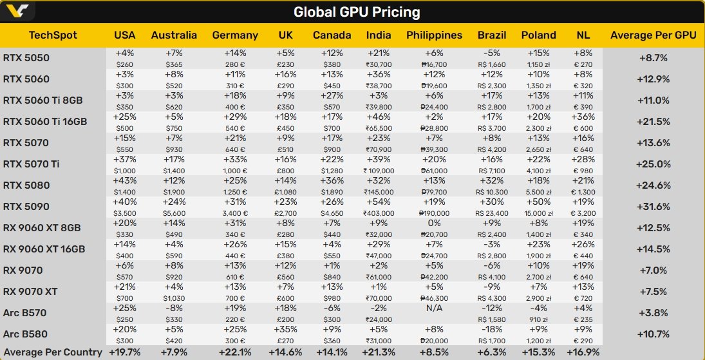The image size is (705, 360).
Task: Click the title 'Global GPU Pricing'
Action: [x=356, y=12]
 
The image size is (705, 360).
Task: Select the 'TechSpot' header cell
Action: [x=53, y=35]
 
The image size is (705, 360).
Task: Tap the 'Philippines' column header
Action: [x=434, y=35]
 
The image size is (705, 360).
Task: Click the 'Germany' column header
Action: [x=235, y=35]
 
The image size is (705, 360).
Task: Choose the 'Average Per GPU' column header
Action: [x=653, y=35]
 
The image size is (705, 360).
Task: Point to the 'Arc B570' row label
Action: [x=24, y=313]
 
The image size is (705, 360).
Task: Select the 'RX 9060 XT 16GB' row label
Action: [x=44, y=249]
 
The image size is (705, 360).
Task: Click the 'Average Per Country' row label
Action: [x=52, y=352]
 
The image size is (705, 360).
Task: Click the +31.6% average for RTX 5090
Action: [x=653, y=207]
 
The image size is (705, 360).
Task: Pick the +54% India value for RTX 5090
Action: [x=378, y=201]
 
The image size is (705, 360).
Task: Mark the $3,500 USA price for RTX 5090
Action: [x=125, y=213]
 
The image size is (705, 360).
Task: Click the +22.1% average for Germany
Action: [x=235, y=352]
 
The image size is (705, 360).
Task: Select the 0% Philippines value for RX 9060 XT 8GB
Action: [x=433, y=222]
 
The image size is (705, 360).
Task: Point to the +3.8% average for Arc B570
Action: [x=653, y=313]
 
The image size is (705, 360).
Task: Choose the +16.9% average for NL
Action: [x=583, y=352]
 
